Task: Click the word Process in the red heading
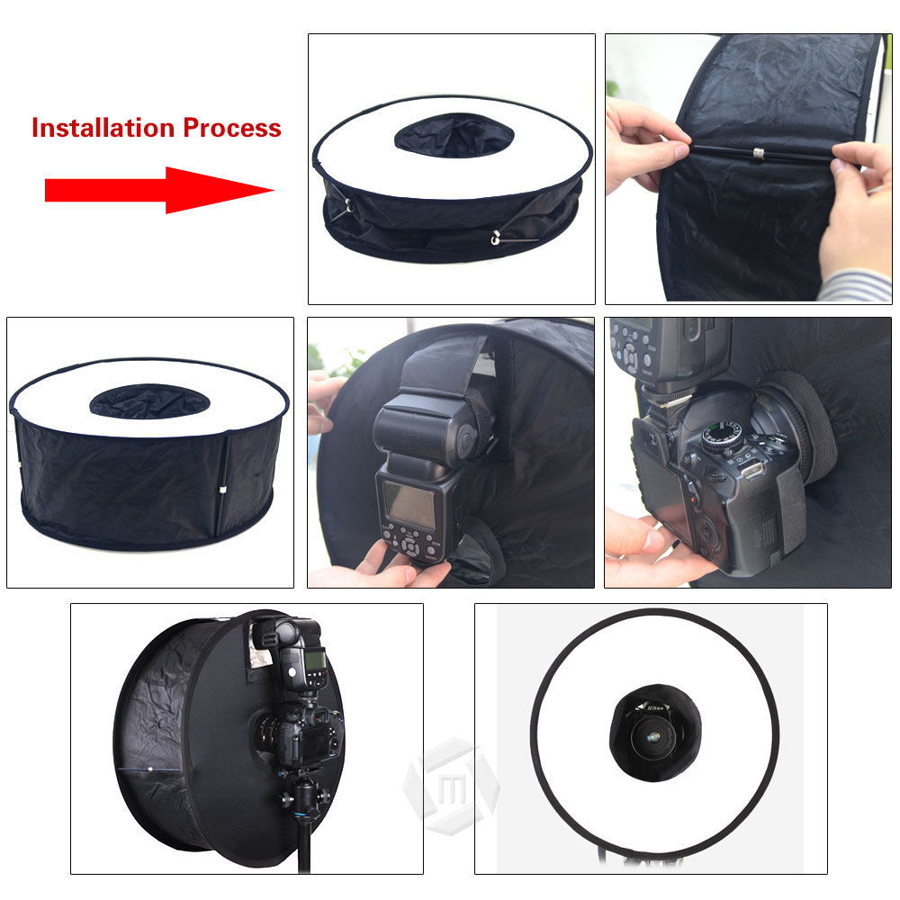pos(232,128)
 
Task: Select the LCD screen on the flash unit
pos(410,504)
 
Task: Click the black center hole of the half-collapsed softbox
pos(454,134)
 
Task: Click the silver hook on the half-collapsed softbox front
pos(494,238)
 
